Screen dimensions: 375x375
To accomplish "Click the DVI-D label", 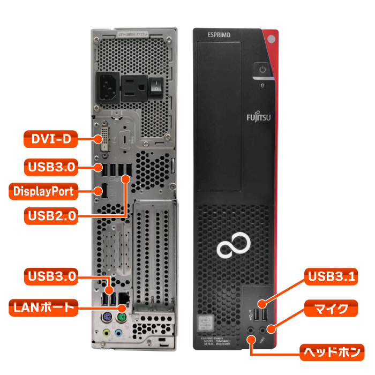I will pyautogui.click(x=50, y=140).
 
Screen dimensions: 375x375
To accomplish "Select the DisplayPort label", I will pyautogui.click(x=43, y=190).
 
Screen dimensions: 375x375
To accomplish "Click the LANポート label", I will pyautogui.click(x=43, y=307).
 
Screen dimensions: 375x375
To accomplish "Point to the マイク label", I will pyautogui.click(x=331, y=309).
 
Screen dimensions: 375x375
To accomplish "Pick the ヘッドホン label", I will pyautogui.click(x=331, y=352).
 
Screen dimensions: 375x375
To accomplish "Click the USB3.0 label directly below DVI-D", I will pyautogui.click(x=50, y=166).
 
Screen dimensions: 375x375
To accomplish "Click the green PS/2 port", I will pyautogui.click(x=121, y=319).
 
